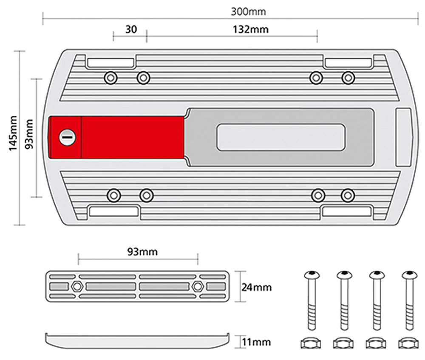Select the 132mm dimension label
251,30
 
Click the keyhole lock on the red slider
67,137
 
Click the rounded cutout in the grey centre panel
281,137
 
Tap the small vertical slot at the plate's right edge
403,136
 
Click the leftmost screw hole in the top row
111,78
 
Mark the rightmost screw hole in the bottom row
348,196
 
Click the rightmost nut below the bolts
408,342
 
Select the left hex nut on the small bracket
77,286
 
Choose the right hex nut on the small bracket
197,286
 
